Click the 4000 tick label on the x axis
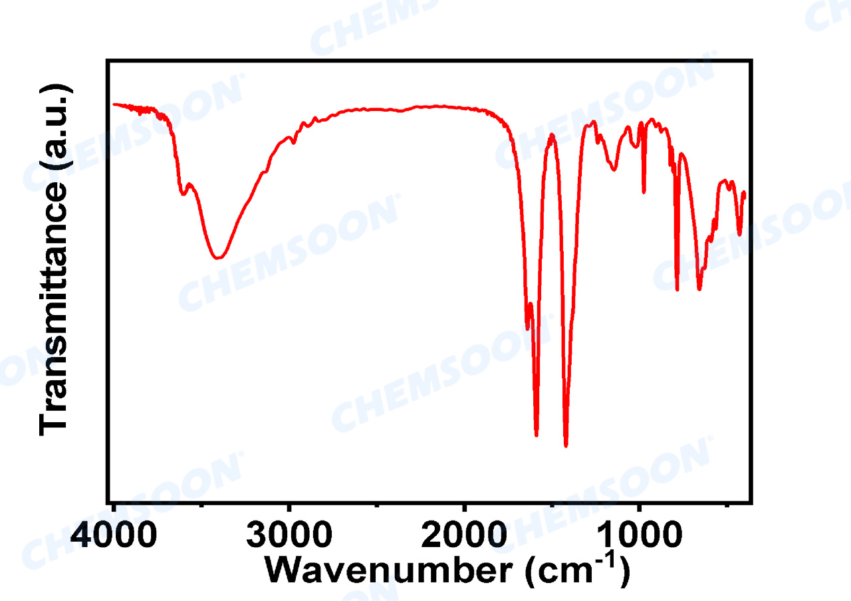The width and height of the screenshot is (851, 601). [115, 535]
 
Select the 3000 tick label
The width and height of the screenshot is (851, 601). [289, 535]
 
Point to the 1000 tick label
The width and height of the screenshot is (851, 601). [639, 535]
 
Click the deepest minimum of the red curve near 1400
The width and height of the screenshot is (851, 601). [566, 445]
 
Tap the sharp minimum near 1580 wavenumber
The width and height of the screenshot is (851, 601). [537, 435]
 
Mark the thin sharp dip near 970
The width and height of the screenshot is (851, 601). [644, 193]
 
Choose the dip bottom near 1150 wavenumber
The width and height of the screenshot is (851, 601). [614, 170]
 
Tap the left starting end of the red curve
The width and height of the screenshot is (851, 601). [114, 104]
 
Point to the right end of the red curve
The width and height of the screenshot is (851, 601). [745, 193]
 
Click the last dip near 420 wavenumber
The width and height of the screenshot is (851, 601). [739, 235]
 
